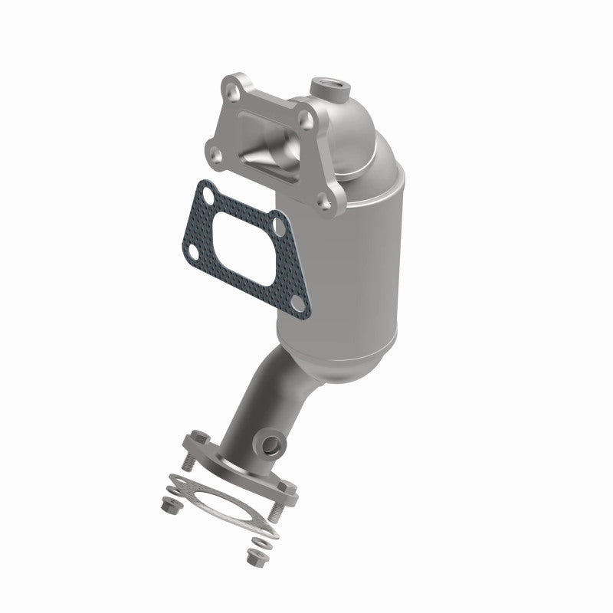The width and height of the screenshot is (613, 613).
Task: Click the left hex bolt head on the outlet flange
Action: click(194, 440)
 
